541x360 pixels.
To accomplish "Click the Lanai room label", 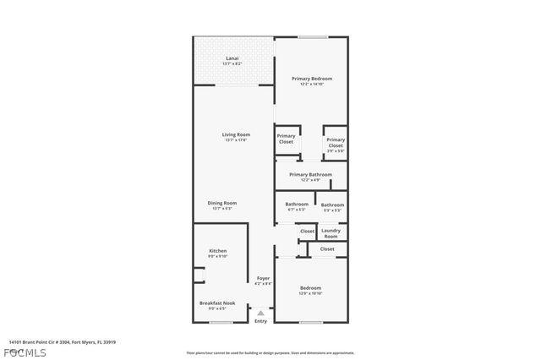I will pos(232,59).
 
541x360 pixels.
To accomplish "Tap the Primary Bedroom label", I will pos(311,79).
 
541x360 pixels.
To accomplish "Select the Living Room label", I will pos(236,134).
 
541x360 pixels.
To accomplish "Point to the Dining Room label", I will pos(223,203).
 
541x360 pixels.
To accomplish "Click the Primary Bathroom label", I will pos(310,175).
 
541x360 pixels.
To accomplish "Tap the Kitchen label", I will pos(218,251).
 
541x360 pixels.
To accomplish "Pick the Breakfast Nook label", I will pos(217,303).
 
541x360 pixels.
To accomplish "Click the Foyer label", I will pos(263,278).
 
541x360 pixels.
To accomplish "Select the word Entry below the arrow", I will pos(260,320).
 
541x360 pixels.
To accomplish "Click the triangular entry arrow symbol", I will pos(260,312).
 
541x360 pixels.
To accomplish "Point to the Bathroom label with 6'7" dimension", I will pos(296,205).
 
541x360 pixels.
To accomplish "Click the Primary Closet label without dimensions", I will pos(287,139).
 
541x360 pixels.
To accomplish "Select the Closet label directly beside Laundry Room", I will pos(306,231).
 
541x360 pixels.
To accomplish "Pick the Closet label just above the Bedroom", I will pos(326,249).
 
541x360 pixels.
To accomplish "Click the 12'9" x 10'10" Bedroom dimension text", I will pos(310,293).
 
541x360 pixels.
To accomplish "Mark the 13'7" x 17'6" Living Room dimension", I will pos(236,140).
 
